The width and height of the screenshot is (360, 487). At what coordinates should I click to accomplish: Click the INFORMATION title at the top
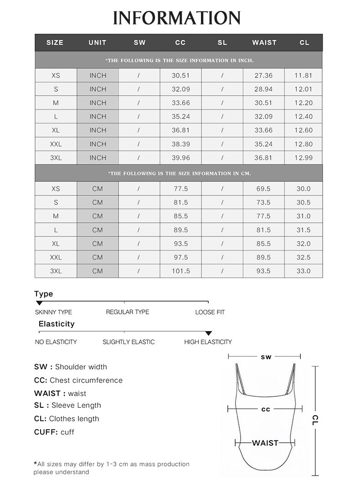[177, 18]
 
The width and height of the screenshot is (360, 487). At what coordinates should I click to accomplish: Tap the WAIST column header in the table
[264, 42]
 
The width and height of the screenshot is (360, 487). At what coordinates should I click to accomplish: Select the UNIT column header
[98, 42]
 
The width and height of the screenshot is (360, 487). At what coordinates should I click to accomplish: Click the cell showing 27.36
[263, 76]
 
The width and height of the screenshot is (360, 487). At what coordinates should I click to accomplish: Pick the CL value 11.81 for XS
[303, 76]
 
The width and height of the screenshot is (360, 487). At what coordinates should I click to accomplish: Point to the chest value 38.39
[180, 144]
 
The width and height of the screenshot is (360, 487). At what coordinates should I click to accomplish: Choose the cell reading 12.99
[303, 158]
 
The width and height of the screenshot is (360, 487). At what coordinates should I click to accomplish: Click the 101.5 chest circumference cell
[180, 271]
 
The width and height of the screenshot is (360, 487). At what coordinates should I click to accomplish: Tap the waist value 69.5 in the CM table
[263, 189]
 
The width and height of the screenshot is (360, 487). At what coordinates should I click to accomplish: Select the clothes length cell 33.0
[303, 271]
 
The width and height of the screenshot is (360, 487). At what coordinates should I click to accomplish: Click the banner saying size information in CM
[179, 173]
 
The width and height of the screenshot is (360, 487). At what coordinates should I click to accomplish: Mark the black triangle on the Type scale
[39, 303]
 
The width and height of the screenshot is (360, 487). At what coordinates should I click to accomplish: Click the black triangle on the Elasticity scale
[208, 333]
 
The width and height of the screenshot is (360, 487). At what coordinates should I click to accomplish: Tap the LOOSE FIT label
[210, 312]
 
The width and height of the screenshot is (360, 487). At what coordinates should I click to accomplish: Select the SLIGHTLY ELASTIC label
[129, 342]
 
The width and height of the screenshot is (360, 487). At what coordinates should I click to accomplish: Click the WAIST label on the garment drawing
[265, 443]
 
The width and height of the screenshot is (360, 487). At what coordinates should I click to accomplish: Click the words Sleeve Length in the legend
[76, 405]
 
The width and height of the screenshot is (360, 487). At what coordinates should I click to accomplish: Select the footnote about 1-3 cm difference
[112, 468]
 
